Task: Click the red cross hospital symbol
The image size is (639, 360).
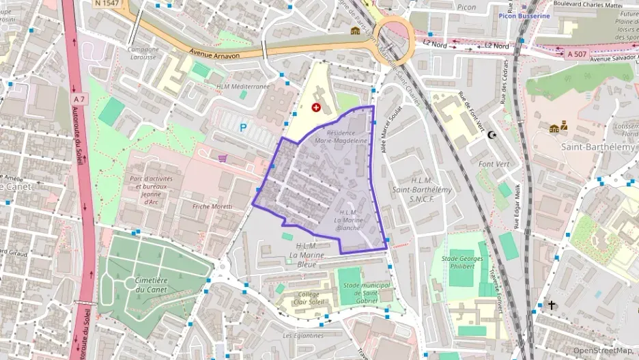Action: tap(316, 107)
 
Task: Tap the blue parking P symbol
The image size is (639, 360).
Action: tap(243, 127)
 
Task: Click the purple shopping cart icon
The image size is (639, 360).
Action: tap(223, 158)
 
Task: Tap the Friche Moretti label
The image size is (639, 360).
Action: tap(212, 206)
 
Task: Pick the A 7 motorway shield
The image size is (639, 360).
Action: tap(80, 100)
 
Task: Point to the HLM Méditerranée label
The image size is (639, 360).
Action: tap(243, 87)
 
